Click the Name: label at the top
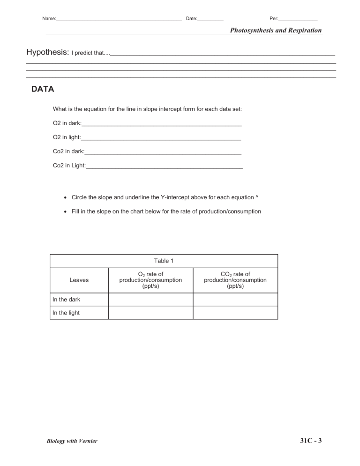pos(49,19)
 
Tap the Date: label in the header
pos(192,19)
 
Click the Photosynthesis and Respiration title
pos(276,30)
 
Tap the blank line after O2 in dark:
pos(162,124)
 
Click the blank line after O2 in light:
pos(161,138)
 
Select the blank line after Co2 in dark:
pos(163,152)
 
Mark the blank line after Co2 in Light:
pos(164,166)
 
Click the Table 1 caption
pos(164,261)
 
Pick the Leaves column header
pos(79,280)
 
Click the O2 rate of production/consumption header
pos(150,280)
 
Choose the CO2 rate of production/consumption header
pos(235,280)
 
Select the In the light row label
pos(66,313)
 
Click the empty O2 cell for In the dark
pos(150,300)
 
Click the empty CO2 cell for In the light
pos(235,313)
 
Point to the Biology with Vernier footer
pos(72,441)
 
